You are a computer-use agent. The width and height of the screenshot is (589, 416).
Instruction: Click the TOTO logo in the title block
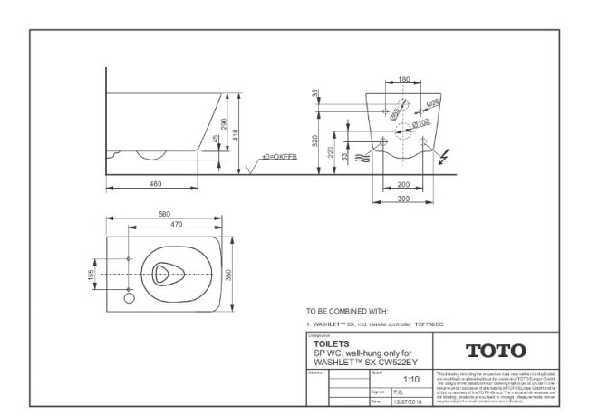[495, 350]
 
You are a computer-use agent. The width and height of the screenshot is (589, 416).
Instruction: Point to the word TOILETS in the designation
[333, 343]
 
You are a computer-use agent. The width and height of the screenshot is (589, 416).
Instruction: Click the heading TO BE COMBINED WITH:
[347, 309]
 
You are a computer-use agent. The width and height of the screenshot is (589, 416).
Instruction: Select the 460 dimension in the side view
[155, 184]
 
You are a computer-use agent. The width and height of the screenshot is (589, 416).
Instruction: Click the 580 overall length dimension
[163, 214]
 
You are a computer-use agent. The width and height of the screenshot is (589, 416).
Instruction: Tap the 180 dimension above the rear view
[404, 79]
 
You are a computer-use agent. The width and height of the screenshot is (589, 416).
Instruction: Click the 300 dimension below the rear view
[404, 197]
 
